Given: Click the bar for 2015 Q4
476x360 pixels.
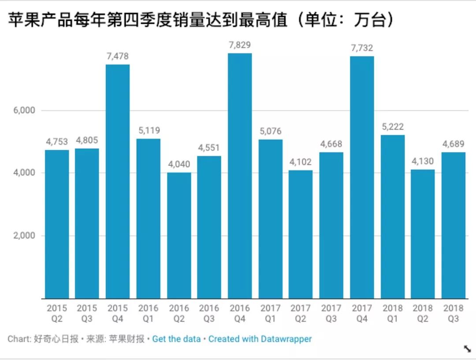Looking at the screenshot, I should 118,181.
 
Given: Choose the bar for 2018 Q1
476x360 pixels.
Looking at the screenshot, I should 393,217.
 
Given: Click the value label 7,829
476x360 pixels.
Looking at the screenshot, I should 240,45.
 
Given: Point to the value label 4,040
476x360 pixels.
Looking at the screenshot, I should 179,165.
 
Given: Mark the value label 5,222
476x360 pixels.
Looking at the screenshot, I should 393,127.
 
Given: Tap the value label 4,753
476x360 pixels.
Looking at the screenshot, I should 57,142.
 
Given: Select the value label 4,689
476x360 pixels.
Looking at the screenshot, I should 454,144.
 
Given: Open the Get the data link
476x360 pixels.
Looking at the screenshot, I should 176,339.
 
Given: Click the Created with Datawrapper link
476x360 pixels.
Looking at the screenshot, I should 260,339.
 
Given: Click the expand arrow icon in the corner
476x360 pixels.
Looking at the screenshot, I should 467,349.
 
